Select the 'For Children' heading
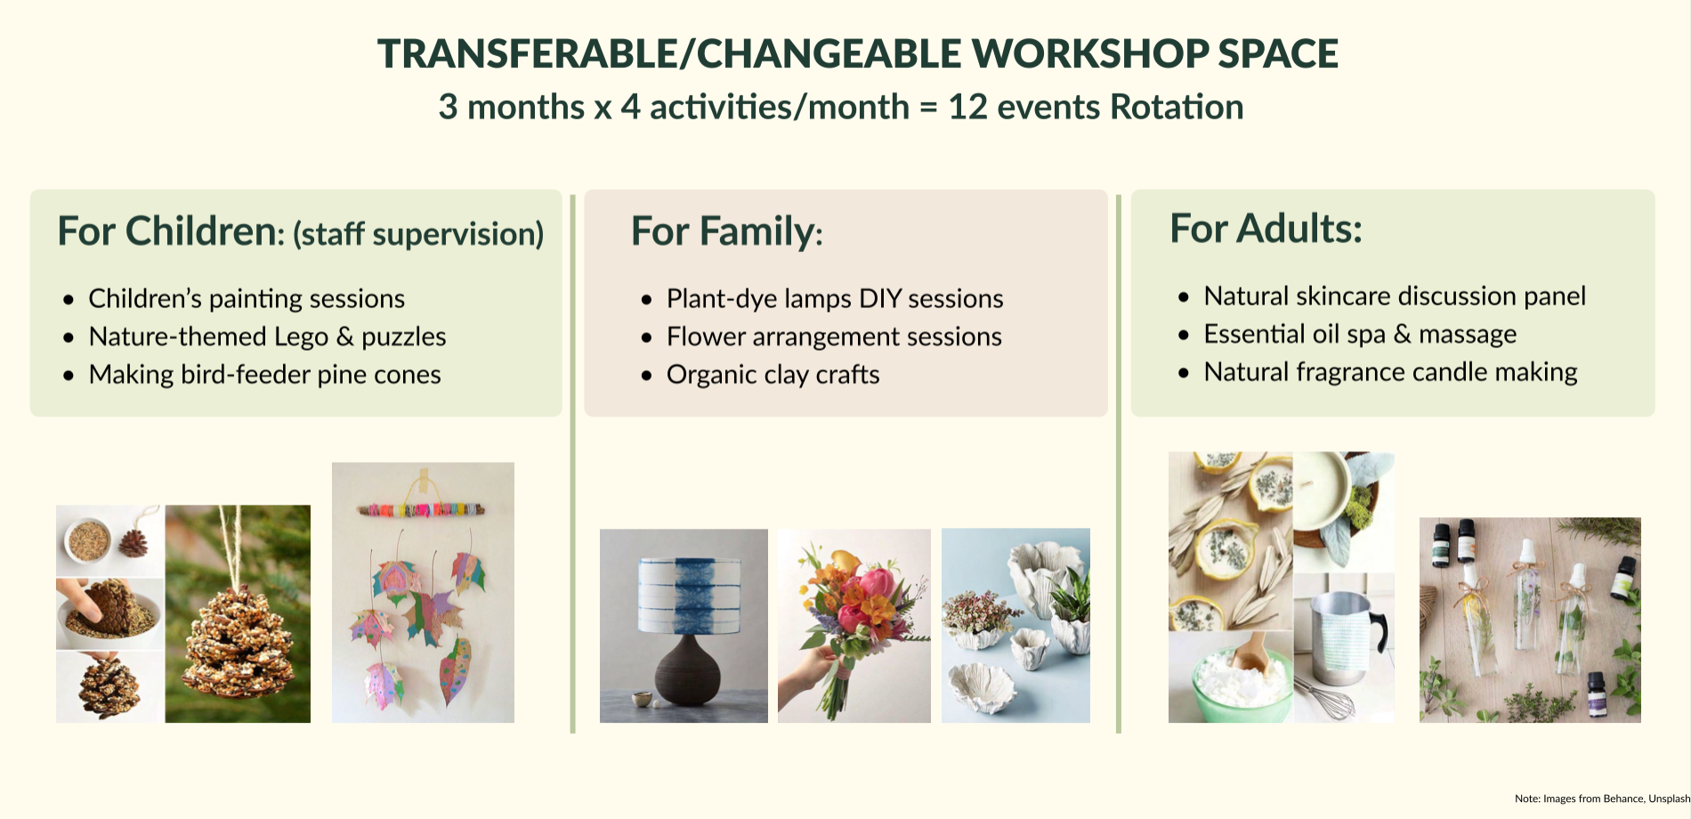click(x=166, y=231)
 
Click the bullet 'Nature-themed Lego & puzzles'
click(x=267, y=337)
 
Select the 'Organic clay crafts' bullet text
click(x=773, y=375)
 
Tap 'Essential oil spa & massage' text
click(x=1360, y=334)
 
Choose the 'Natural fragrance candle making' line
click(x=1390, y=372)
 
